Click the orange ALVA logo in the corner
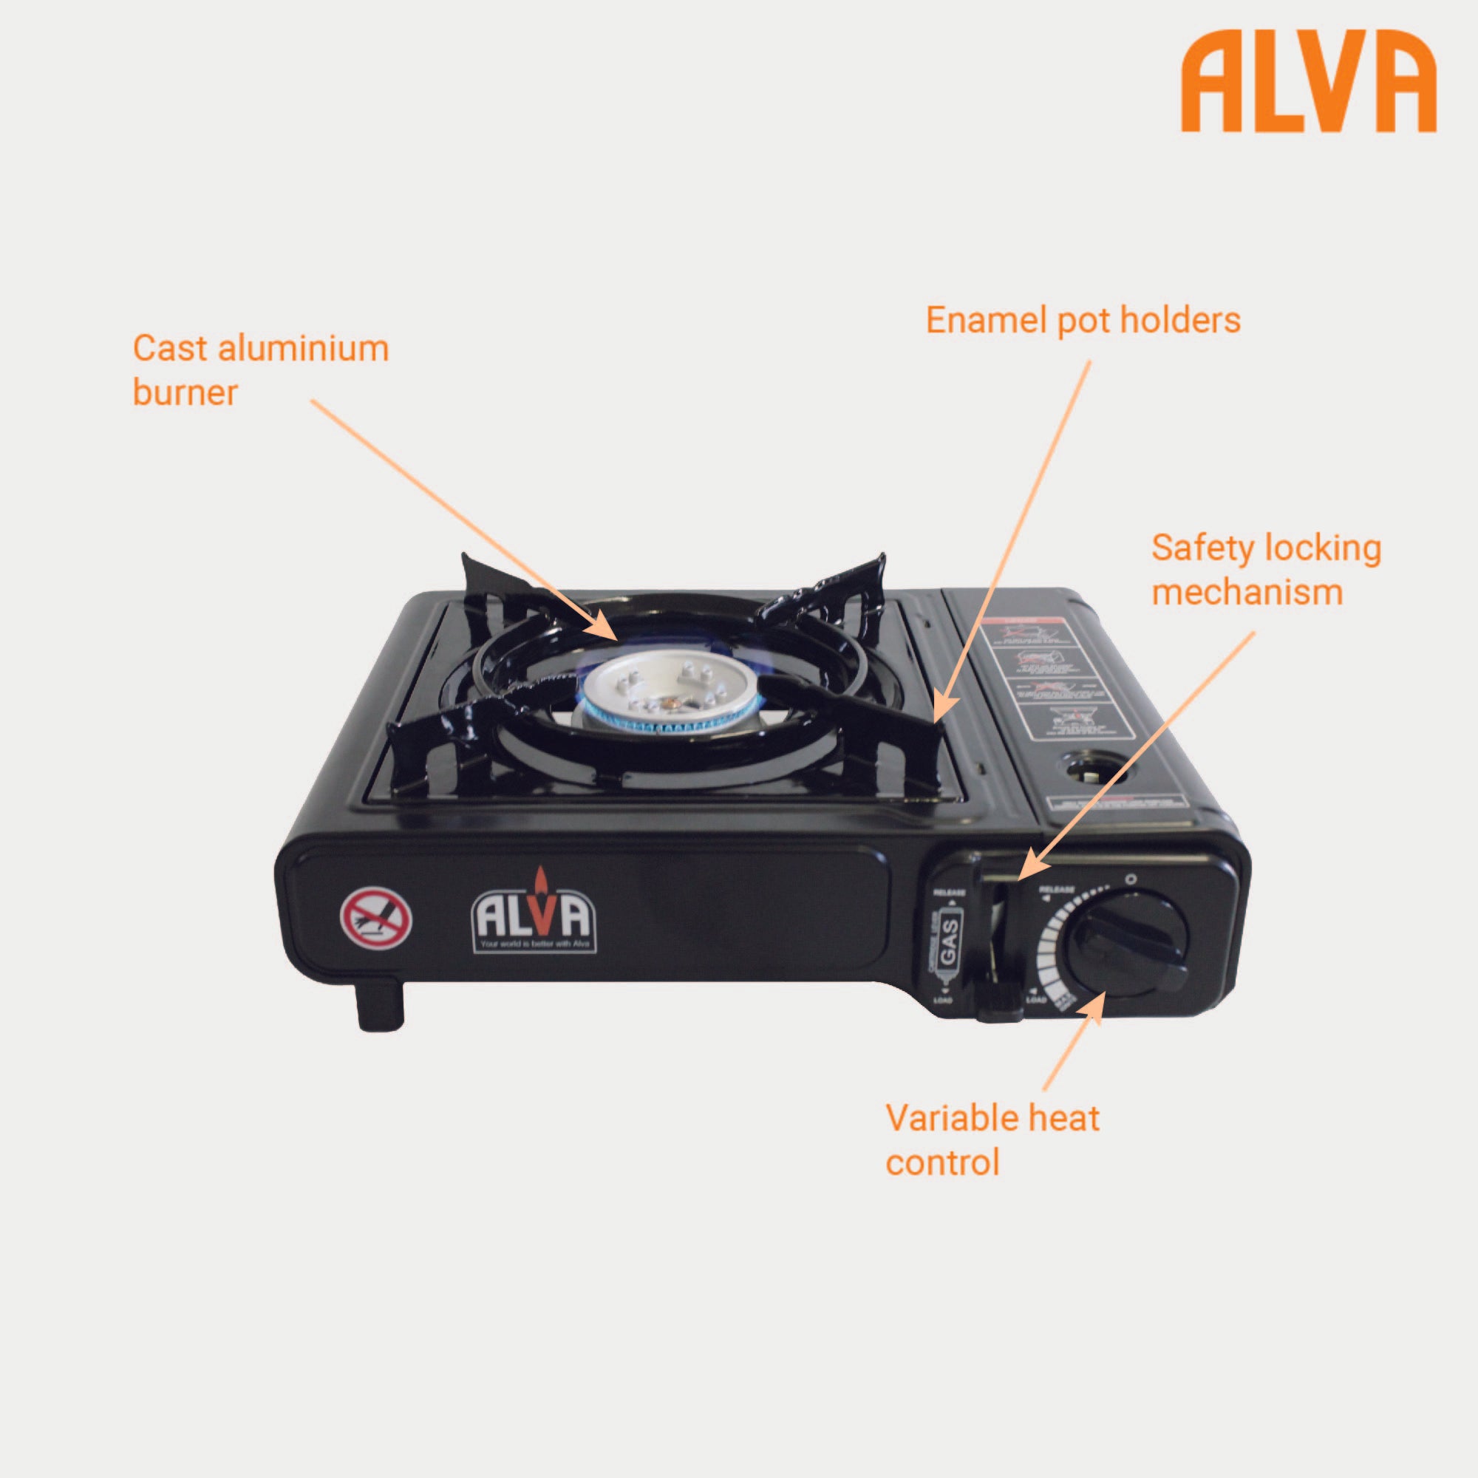pyautogui.click(x=1308, y=82)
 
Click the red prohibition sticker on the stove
pyautogui.click(x=375, y=918)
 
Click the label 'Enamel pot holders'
pyautogui.click(x=1083, y=320)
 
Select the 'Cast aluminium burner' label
pyautogui.click(x=260, y=369)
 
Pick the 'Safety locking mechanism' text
pyautogui.click(x=1266, y=570)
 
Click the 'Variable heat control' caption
pyautogui.click(x=992, y=1139)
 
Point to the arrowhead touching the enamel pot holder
pyautogui.click(x=942, y=708)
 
